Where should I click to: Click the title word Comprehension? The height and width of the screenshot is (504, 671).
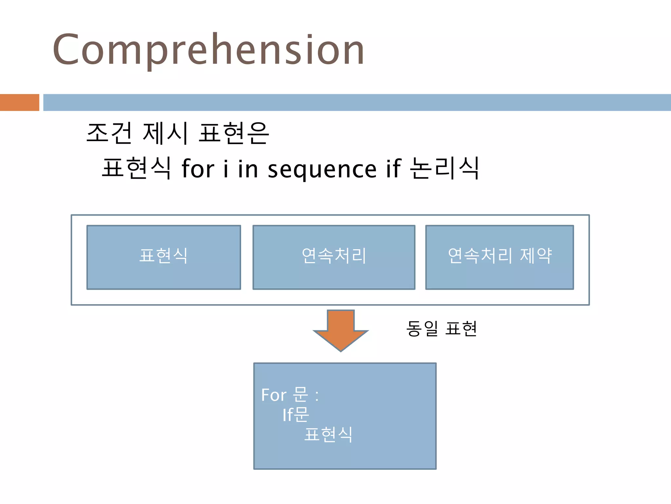208,50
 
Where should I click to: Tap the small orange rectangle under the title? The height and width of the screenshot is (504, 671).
19,102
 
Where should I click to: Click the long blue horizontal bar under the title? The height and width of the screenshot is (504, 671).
356,102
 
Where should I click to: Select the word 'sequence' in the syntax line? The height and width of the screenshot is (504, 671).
322,170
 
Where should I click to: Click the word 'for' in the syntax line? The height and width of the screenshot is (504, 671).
198,169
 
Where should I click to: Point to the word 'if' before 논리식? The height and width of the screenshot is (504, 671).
393,169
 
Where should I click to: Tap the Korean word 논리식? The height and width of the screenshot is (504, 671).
445,168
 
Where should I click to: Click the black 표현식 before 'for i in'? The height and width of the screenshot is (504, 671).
136,168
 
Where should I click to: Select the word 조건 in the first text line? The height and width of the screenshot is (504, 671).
109,133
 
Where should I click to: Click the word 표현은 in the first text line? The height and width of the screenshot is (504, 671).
234,133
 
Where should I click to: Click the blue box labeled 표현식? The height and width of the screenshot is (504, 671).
163,257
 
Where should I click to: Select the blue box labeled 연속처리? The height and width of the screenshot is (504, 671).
334,257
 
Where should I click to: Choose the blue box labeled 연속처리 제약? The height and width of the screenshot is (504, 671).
499,257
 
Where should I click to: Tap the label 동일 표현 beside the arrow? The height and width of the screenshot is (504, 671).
441,328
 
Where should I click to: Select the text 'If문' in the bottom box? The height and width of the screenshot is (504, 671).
296,415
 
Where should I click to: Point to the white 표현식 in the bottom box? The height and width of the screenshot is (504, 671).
328,435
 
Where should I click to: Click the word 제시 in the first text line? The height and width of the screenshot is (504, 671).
165,133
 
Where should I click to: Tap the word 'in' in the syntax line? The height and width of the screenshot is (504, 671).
248,169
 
